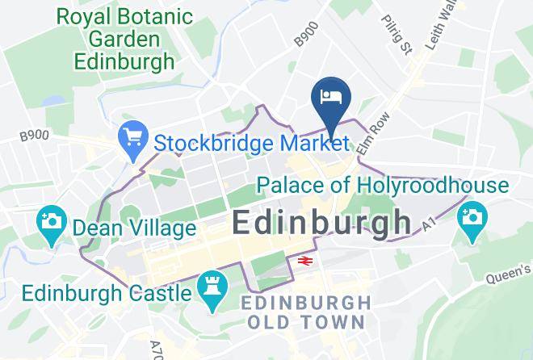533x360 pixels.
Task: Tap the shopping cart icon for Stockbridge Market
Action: pyautogui.click(x=131, y=140)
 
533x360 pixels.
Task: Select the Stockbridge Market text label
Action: pyautogui.click(x=251, y=144)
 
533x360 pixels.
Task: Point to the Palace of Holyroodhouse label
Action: pyautogui.click(x=382, y=186)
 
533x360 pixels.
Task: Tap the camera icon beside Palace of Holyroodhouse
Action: pyautogui.click(x=471, y=217)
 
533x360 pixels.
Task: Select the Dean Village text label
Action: pyautogui.click(x=134, y=228)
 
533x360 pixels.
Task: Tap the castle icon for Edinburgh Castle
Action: pyautogui.click(x=212, y=293)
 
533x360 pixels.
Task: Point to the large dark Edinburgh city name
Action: pyautogui.click(x=321, y=222)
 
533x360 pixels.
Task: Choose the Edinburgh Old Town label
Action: pyautogui.click(x=307, y=312)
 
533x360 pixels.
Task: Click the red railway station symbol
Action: pyautogui.click(x=304, y=261)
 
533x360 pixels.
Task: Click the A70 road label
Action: pyautogui.click(x=157, y=348)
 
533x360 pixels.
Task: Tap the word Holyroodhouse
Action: pyautogui.click(x=434, y=186)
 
